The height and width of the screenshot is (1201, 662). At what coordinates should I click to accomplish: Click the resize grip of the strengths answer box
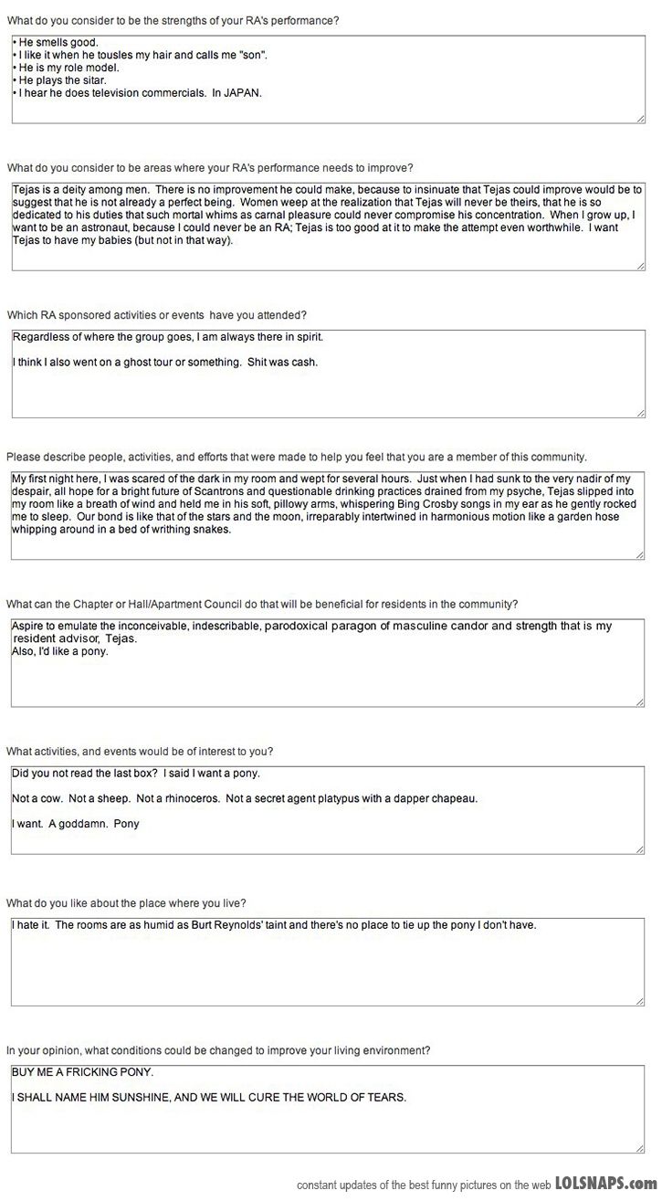pos(640,118)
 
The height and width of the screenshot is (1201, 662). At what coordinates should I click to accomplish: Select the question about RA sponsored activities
pos(157,315)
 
